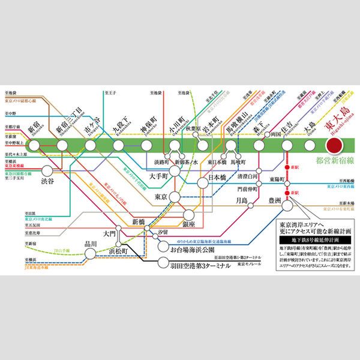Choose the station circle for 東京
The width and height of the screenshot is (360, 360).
(175, 197)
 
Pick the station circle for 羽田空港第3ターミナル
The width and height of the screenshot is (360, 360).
(163, 262)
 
